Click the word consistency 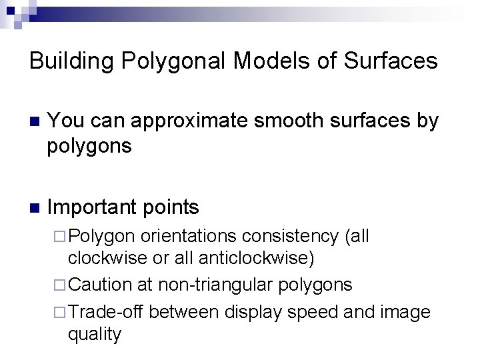291,237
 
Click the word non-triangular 213,285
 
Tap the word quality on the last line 94,333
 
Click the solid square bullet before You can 35,122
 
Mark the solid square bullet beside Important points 35,207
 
